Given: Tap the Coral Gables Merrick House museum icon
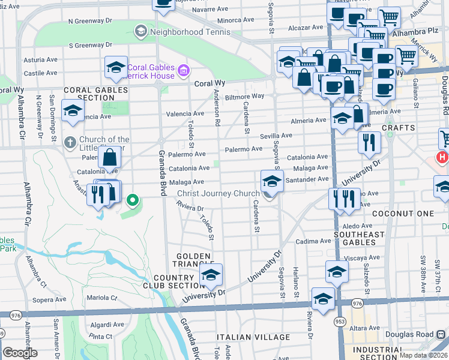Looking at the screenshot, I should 183,72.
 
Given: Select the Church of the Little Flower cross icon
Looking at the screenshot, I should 70,143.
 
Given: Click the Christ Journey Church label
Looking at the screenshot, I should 218,193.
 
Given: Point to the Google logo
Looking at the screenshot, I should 20,353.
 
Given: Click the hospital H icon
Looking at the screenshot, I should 442,158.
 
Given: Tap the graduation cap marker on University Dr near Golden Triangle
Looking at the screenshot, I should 210,275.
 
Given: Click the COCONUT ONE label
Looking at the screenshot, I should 402,214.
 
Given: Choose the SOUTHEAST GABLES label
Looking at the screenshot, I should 359,235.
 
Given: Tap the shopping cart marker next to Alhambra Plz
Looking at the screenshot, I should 390,18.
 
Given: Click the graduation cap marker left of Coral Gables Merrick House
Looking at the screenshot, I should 116,68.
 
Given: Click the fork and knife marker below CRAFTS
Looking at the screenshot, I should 369,142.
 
